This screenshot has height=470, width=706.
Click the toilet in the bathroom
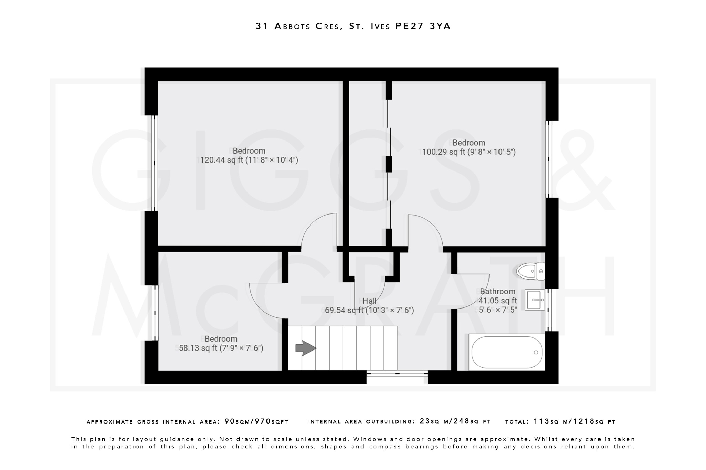(530, 271)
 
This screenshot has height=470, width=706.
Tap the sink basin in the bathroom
(535, 300)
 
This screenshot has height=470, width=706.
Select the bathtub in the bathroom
(506, 352)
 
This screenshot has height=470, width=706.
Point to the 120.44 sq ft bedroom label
(249, 156)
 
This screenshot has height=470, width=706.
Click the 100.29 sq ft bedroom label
(469, 147)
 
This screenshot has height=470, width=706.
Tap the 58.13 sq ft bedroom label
(221, 344)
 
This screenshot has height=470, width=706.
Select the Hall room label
(369, 301)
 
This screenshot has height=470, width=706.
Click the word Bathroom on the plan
(497, 292)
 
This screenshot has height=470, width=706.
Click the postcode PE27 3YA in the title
(423, 26)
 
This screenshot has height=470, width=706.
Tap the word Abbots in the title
(293, 26)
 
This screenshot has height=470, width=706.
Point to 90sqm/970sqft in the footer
(256, 421)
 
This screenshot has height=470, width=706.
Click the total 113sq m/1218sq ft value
(574, 421)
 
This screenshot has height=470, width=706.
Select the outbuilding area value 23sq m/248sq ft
(455, 421)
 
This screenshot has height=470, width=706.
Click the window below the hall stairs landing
(397, 373)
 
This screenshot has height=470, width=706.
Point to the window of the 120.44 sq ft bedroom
(155, 163)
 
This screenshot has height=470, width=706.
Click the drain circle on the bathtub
(536, 352)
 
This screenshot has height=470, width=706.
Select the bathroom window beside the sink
(548, 310)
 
